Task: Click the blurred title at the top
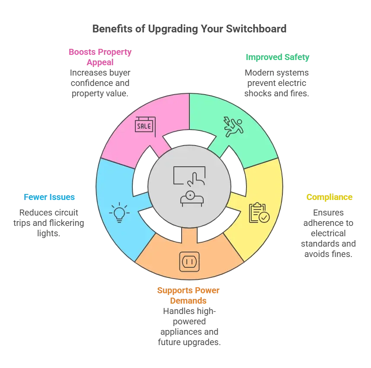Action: click(188, 29)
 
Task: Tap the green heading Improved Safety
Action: click(278, 57)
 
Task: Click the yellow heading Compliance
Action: click(329, 197)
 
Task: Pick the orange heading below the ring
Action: click(188, 295)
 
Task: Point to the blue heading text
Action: click(50, 197)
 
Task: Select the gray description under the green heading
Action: click(276, 82)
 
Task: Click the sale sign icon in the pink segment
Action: click(145, 126)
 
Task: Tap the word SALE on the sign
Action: click(144, 127)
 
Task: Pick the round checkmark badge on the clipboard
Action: click(264, 217)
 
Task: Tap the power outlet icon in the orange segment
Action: click(189, 262)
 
